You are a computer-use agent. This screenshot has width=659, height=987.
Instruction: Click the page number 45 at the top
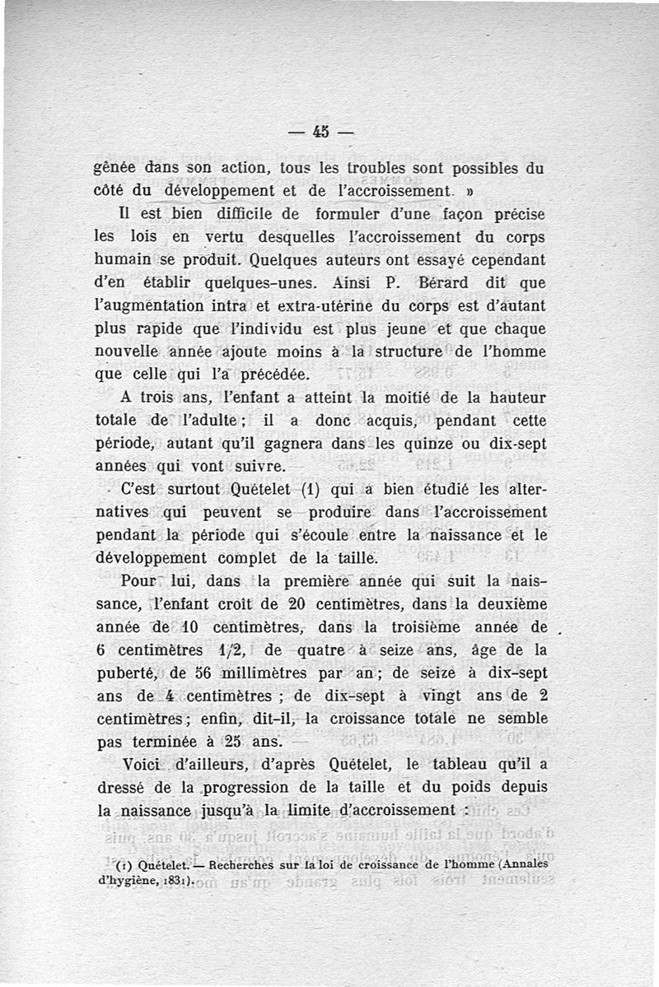tap(320, 131)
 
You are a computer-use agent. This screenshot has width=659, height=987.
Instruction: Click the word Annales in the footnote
tap(518, 864)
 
